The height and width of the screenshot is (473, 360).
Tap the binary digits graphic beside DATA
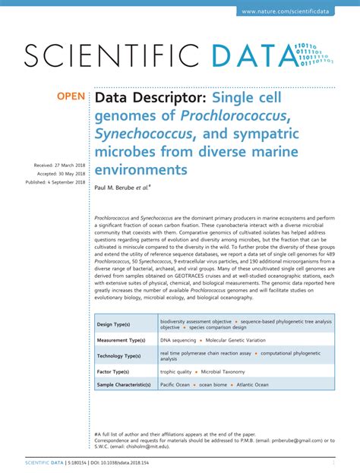[314, 54]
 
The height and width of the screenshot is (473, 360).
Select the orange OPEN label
[71, 97]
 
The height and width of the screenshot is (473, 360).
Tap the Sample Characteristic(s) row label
[124, 385]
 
